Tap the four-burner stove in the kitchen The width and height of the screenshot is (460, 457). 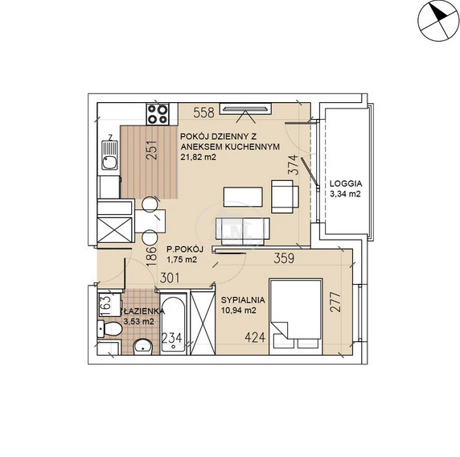158,114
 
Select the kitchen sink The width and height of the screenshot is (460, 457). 109,155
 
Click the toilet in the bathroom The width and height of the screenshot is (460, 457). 109,329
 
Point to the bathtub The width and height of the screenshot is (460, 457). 174,323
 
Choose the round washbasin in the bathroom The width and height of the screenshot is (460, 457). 143,348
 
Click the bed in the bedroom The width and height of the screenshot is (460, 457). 296,317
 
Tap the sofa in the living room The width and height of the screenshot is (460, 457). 243,231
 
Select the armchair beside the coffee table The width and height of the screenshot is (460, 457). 285,196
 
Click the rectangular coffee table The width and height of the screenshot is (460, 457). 243,197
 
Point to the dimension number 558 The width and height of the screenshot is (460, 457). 203,113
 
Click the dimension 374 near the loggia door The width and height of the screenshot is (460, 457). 294,165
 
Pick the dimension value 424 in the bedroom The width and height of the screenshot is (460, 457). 255,338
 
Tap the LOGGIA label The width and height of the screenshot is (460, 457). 346,183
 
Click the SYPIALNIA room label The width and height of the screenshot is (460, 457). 243,300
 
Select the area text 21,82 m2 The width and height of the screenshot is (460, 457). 198,157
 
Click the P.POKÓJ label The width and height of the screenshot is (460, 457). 185,249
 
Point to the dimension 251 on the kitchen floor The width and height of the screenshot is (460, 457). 152,150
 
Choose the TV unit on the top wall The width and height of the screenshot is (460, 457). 245,109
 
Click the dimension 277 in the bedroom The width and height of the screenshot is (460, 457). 335,302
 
